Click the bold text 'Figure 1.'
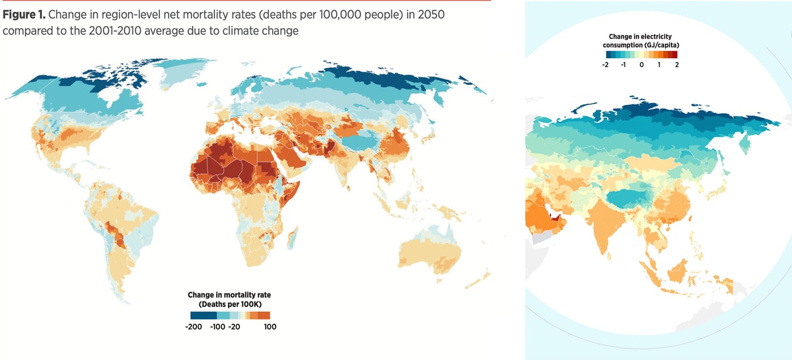click(x=24, y=15)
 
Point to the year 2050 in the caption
click(x=431, y=15)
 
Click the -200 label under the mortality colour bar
click(x=193, y=327)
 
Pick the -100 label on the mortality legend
click(x=217, y=327)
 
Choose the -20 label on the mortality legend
click(x=234, y=327)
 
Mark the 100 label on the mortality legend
click(x=270, y=327)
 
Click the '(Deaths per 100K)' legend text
click(x=230, y=305)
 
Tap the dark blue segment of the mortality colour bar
click(x=203, y=315)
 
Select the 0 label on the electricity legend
click(x=642, y=65)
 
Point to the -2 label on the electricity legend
click(x=605, y=65)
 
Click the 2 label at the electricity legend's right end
click(x=677, y=65)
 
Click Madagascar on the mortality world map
click(x=292, y=238)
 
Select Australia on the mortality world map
click(x=430, y=252)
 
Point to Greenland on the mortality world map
click(x=184, y=72)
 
